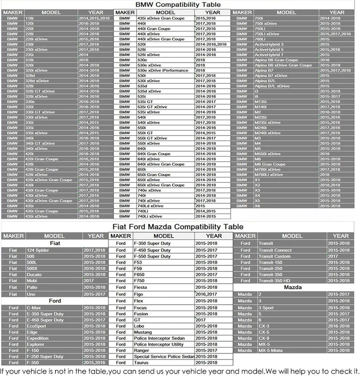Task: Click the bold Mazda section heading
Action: click(x=292, y=288)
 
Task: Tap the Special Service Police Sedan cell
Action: click(x=163, y=356)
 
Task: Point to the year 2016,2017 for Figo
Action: click(x=206, y=294)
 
